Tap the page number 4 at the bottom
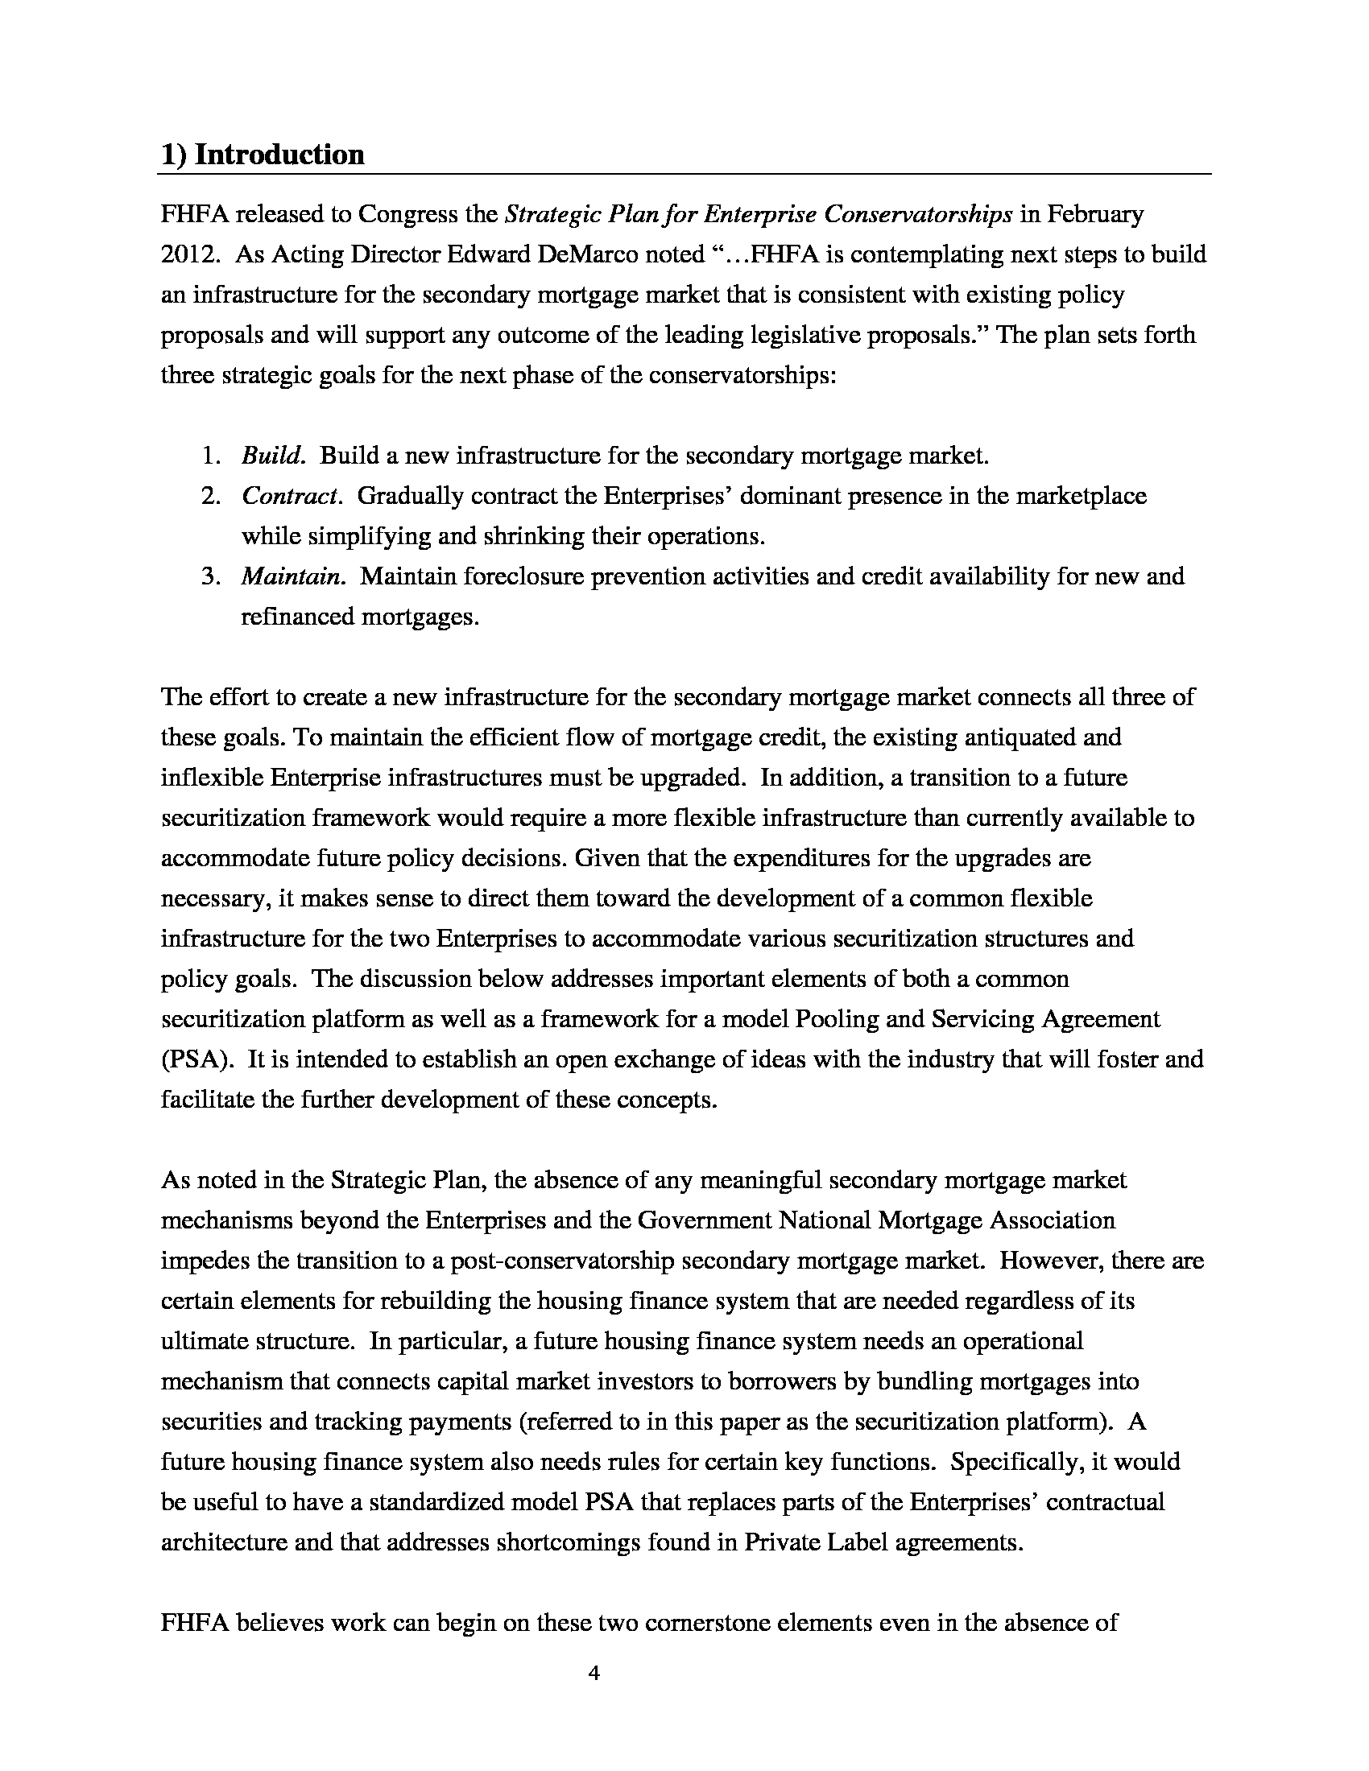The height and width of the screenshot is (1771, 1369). click(594, 1673)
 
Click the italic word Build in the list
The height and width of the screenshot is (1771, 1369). click(272, 456)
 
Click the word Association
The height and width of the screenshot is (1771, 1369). click(1052, 1220)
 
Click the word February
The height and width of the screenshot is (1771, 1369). click(1095, 214)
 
